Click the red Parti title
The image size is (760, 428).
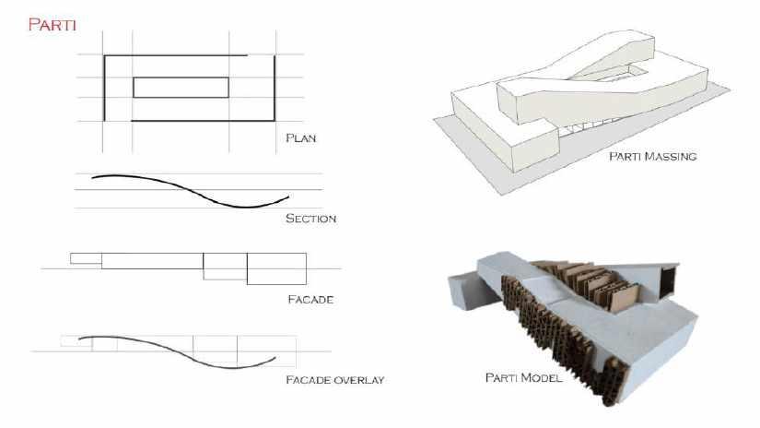tap(53, 24)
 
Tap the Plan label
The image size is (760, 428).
tap(301, 137)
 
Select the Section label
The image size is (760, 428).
tap(310, 219)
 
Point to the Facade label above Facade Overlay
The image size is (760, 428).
tap(310, 300)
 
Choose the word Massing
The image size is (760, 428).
tap(671, 156)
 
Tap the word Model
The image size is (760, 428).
tap(544, 377)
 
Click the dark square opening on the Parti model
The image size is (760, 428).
tap(668, 280)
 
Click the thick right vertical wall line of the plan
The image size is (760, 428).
tap(275, 88)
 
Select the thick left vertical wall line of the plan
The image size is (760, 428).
tap(104, 88)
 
